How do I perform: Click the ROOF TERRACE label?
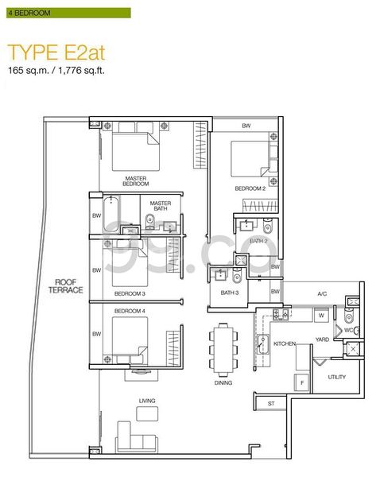coord(68,286)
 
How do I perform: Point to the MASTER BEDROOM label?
coord(135,180)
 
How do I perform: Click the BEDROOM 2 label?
coord(249,188)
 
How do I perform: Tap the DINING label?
coord(223,382)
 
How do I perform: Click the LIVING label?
coord(145,401)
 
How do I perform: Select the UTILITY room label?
coord(337,377)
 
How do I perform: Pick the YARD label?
coord(322,339)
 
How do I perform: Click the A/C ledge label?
coord(322,294)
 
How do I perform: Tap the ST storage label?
coord(270,404)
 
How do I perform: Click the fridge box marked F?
coord(302,383)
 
